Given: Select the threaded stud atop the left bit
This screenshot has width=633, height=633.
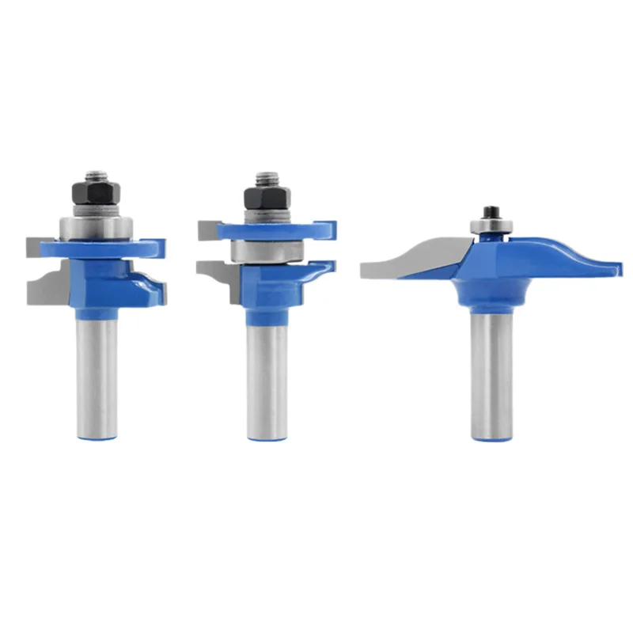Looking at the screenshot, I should (x=97, y=174).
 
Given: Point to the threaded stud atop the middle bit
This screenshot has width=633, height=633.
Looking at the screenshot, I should (x=263, y=179).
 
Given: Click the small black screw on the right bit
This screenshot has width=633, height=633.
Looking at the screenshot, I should (x=490, y=213).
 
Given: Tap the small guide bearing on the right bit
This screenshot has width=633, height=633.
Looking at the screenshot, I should (x=490, y=226).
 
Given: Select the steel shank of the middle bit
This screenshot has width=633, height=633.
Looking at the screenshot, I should (x=267, y=372).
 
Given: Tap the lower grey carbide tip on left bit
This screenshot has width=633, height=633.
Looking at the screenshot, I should (x=44, y=289).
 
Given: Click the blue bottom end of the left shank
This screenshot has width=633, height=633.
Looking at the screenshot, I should (x=97, y=434).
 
